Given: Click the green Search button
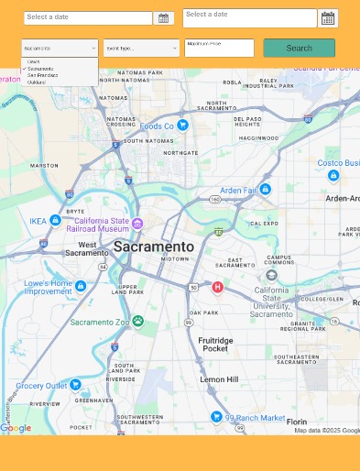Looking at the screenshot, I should coord(299,48).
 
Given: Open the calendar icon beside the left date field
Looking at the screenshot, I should coord(163,18).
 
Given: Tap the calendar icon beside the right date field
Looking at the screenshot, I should coord(327,18).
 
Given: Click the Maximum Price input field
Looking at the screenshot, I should coord(219,48).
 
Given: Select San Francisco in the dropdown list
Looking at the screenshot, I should coord(42,75).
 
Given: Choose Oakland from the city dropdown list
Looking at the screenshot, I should coord(37,82).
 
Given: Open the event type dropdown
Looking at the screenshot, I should coord(141,49).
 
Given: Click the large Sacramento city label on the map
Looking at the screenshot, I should coord(154,246).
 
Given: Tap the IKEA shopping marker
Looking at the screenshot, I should coord(55,221).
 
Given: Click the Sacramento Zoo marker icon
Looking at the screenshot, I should coord(137,321).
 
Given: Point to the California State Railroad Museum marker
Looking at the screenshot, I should coord(137,224).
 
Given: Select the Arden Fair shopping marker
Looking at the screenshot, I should coord(265,189).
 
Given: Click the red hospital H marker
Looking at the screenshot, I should coord(217,287).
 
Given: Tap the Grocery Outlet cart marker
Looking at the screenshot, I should coord(75,385).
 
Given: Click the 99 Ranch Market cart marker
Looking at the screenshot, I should coord(216,417).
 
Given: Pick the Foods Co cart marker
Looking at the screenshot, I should coord(182,125).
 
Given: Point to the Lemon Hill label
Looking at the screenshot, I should coord(219,378).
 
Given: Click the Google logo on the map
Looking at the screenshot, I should coord(16,428).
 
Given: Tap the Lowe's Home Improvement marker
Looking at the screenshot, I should coord(81,286).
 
